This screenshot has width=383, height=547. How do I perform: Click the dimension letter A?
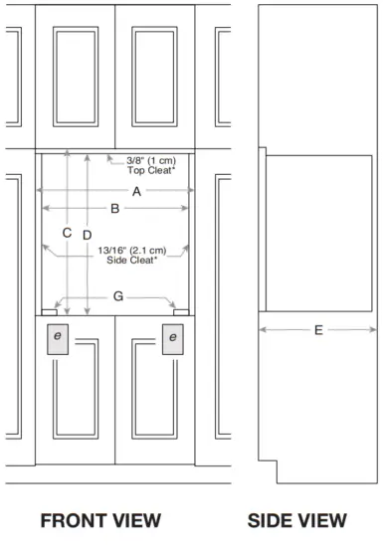(136, 191)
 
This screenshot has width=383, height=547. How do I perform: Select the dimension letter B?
(115, 209)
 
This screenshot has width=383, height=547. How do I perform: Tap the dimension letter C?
(67, 233)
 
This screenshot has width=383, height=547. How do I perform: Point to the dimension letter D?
(88, 235)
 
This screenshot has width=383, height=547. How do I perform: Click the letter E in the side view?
(318, 330)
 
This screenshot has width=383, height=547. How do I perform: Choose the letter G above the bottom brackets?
(118, 296)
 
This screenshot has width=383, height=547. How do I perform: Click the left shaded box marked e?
(58, 339)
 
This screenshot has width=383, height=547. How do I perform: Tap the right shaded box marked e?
(173, 339)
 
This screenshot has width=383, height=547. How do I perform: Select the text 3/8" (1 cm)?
(151, 161)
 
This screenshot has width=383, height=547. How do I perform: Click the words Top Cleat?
(150, 170)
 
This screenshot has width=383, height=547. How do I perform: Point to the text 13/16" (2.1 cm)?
(132, 251)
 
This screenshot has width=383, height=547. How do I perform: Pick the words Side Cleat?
(131, 260)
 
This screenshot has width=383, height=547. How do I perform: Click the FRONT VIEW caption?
(100, 520)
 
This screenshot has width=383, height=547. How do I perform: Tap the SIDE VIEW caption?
(297, 520)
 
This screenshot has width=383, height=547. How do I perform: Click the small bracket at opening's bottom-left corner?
(49, 312)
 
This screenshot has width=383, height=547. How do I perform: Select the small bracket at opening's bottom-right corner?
(181, 312)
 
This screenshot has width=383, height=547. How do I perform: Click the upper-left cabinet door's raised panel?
(76, 77)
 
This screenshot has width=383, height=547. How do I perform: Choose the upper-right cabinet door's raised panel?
(154, 77)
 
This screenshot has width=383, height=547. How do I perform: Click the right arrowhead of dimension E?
(373, 329)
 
